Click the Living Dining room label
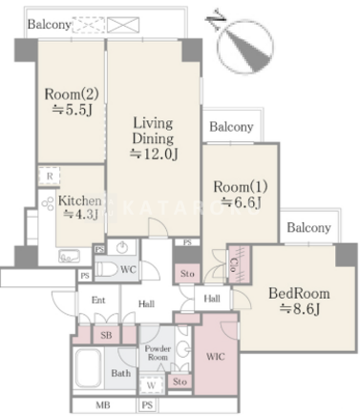[153, 131]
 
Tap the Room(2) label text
[72, 94]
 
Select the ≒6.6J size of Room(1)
[241, 202]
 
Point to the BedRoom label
[299, 293]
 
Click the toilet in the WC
[107, 269]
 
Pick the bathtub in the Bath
[88, 369]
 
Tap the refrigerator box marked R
[50, 176]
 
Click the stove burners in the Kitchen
[48, 203]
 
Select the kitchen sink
[69, 256]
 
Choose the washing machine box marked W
[151, 385]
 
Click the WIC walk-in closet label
[216, 357]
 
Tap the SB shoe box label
[106, 335]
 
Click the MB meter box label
[103, 405]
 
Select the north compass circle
[245, 47]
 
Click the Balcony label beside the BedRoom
[308, 228]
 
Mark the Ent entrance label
[98, 300]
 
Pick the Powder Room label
[158, 353]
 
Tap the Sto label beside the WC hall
[187, 274]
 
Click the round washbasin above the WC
[122, 247]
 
